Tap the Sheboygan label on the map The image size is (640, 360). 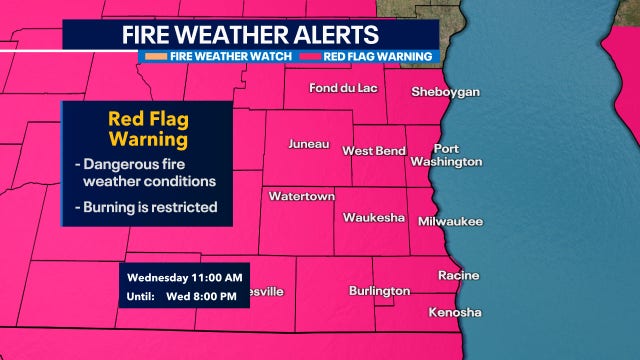(446, 92)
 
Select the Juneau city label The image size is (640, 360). (308, 144)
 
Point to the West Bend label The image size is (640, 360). (374, 151)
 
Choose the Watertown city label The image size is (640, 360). (301, 196)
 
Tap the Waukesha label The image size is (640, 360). (373, 217)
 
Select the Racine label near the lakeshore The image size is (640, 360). (458, 275)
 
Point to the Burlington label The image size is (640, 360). (379, 291)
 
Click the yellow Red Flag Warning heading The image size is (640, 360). (147, 127)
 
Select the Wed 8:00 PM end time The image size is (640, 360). (204, 297)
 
